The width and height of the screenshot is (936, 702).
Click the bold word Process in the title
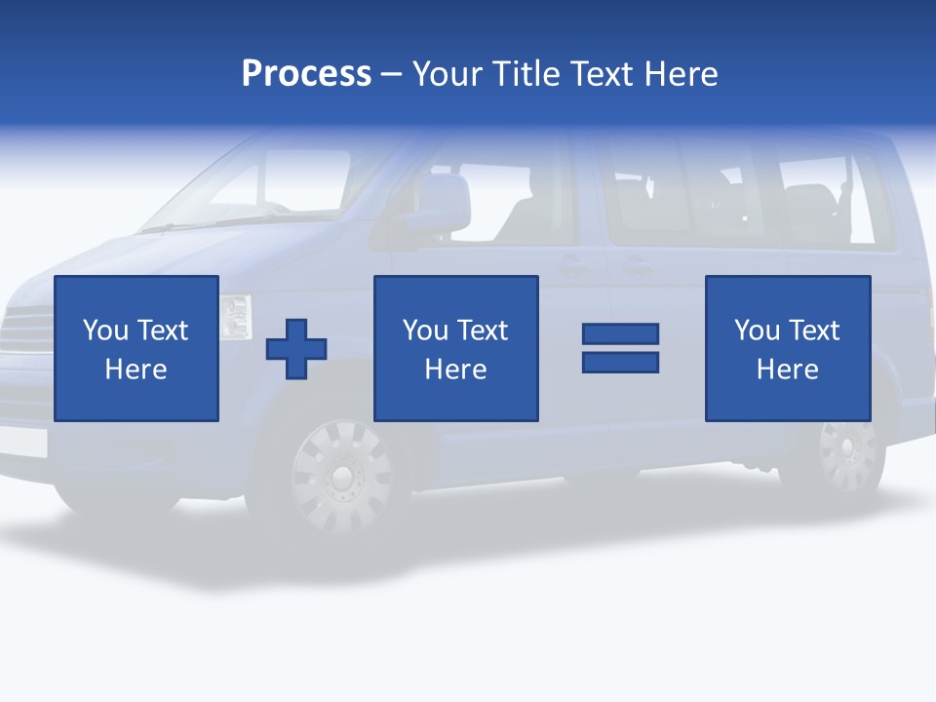click(306, 74)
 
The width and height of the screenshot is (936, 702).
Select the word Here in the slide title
click(681, 74)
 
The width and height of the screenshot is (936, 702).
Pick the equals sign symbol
click(620, 348)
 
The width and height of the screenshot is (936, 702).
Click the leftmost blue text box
click(136, 348)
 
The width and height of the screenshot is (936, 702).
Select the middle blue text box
click(456, 348)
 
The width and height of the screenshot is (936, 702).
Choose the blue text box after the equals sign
click(788, 348)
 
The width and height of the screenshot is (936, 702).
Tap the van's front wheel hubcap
click(340, 475)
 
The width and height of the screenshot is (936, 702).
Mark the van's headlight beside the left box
click(235, 317)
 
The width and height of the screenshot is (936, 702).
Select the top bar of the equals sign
click(620, 334)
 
